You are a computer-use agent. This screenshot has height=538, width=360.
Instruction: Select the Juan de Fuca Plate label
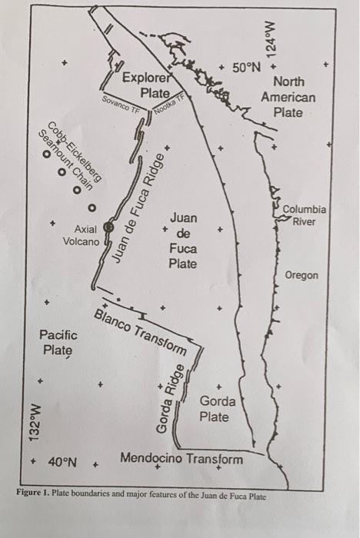[x=183, y=241]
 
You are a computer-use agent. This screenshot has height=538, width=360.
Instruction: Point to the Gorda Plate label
[x=214, y=409]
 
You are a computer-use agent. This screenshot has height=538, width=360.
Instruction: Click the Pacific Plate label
[x=58, y=343]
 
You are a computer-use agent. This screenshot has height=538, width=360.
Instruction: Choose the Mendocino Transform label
[x=182, y=459]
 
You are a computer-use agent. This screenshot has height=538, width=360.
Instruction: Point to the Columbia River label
[x=304, y=215]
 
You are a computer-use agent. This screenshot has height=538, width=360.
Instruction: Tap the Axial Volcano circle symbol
[x=108, y=227]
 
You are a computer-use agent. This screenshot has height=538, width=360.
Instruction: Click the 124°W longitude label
[x=271, y=35]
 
